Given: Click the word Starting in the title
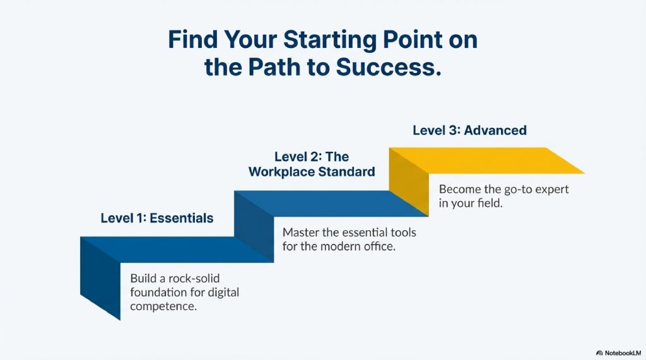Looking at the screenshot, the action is pyautogui.click(x=329, y=40).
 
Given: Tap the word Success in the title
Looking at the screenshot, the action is pyautogui.click(x=389, y=67).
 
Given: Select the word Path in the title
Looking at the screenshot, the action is pyautogui.click(x=274, y=67).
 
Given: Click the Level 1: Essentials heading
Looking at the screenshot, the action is pyautogui.click(x=157, y=218).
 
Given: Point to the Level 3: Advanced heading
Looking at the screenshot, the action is pyautogui.click(x=469, y=130).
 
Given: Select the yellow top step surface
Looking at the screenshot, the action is pyautogui.click(x=487, y=160).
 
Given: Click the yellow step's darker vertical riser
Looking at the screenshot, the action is pyautogui.click(x=409, y=182).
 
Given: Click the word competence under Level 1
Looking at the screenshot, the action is pyautogui.click(x=163, y=306).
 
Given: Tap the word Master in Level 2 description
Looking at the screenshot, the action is pyautogui.click(x=301, y=232).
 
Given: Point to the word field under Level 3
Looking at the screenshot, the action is pyautogui.click(x=490, y=203).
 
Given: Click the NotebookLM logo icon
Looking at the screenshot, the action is pyautogui.click(x=599, y=353).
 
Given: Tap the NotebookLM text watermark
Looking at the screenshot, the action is pyautogui.click(x=623, y=353).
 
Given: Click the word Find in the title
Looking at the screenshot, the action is pyautogui.click(x=193, y=40).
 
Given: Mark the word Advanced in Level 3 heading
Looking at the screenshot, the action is pyautogui.click(x=495, y=130).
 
